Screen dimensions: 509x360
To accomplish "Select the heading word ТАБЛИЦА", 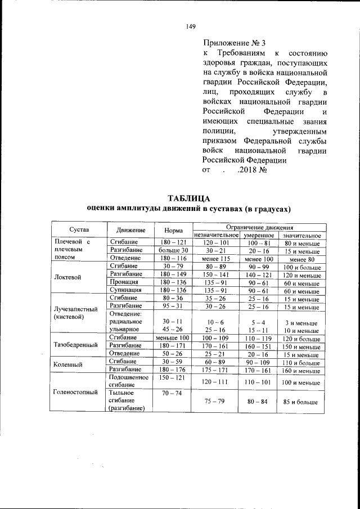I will tap(189, 199).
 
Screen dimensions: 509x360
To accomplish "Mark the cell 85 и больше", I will tap(301, 402).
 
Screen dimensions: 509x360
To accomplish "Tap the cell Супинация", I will tap(125, 291).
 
